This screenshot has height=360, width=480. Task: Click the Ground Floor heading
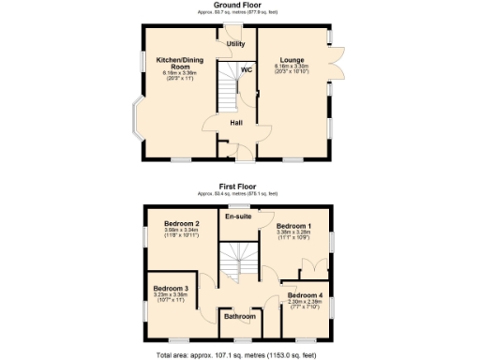[x=239, y=5]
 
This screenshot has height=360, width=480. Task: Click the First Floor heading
[x=239, y=187]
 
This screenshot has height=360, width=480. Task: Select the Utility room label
[x=235, y=44]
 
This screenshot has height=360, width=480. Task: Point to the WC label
[x=247, y=70]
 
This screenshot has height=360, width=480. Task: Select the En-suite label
[x=237, y=217]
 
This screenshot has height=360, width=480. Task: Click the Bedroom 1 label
[x=293, y=226]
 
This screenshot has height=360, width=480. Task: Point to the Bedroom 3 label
[x=171, y=288]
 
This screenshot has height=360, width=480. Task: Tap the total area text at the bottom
[x=239, y=354]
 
